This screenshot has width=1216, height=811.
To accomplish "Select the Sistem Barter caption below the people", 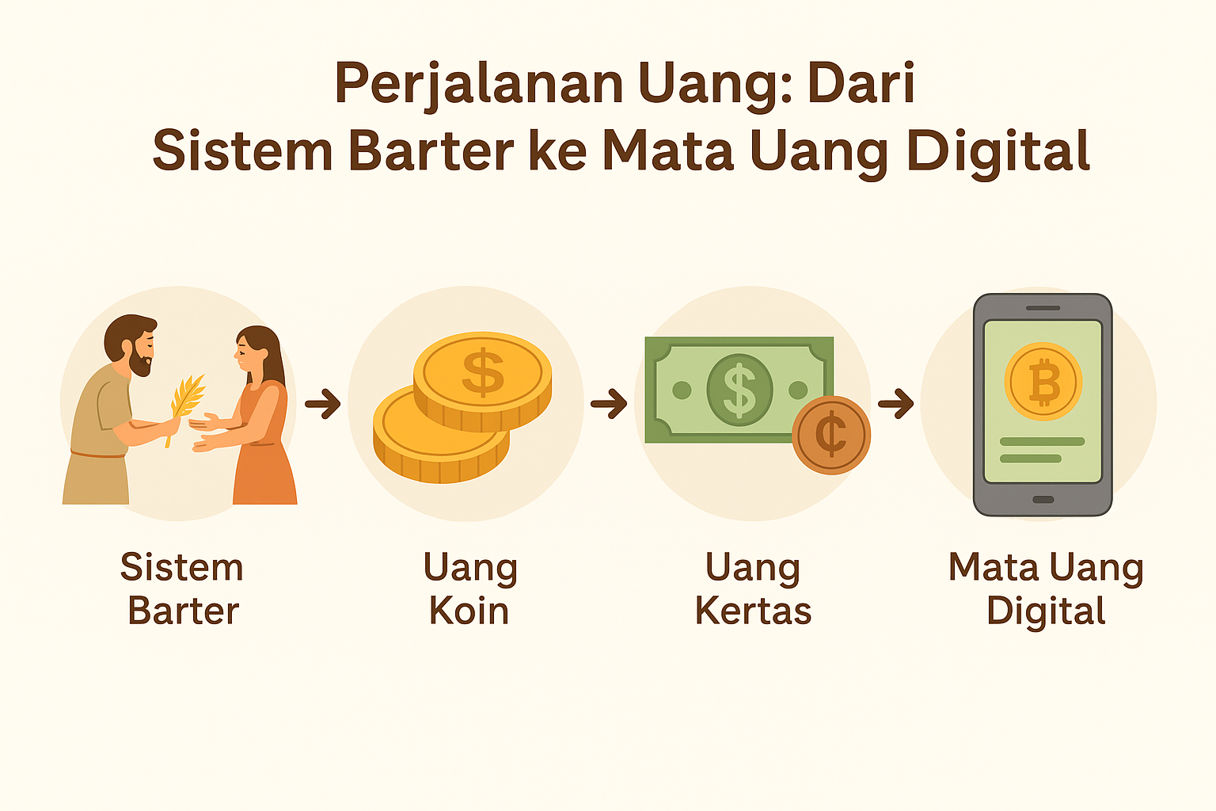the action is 182,589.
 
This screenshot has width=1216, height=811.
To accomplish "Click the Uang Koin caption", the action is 470,589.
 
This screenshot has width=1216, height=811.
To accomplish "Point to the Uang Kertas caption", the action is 753,589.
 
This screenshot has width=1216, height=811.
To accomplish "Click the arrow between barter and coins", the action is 322,404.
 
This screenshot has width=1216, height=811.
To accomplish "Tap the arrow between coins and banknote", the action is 609,404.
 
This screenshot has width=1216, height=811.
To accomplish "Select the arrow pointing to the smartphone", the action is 895,404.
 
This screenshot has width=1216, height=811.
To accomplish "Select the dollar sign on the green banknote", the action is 739,390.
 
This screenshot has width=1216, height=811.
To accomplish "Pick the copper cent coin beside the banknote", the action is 831,435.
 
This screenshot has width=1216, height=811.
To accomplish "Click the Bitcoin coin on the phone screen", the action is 1043,381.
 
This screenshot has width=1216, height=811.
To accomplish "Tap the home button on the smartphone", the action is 1043,499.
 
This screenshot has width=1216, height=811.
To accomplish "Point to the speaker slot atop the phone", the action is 1043,308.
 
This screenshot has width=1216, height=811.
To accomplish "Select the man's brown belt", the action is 98,454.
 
